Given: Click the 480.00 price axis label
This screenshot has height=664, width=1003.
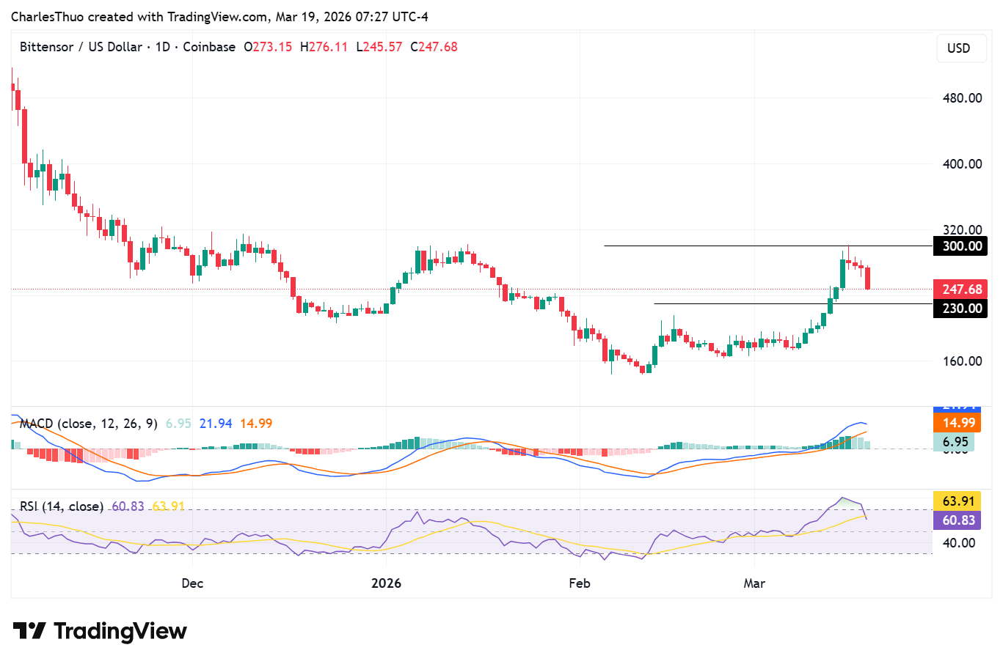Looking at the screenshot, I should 962,98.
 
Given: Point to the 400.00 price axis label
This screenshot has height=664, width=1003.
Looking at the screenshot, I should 962,164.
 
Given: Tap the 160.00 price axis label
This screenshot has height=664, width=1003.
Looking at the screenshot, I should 962,361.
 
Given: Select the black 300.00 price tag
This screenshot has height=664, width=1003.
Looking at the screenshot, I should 960,246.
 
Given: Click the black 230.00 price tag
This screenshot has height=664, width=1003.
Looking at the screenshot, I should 960,309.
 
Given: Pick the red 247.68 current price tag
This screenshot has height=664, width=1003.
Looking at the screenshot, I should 960,289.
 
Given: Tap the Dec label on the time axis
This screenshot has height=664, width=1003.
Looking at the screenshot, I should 192,583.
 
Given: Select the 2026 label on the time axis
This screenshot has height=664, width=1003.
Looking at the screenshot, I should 386,583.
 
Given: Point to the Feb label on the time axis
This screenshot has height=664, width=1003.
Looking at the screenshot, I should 580,583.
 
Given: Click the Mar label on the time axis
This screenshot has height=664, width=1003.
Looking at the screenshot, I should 754,583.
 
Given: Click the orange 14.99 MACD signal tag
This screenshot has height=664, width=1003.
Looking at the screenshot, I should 958,423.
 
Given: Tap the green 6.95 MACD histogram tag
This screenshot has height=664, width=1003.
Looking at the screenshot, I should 955,442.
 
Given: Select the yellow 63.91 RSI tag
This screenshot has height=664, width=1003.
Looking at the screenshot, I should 958,501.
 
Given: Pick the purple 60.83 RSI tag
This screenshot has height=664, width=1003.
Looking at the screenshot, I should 958,520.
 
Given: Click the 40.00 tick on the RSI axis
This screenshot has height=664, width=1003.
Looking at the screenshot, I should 958,543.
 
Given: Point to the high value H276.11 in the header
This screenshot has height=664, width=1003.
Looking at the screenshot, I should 324,47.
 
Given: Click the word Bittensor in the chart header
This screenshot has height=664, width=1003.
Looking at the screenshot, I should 46,47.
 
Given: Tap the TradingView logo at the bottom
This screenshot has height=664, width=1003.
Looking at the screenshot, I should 101,631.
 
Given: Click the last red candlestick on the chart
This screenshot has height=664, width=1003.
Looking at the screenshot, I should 868,278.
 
